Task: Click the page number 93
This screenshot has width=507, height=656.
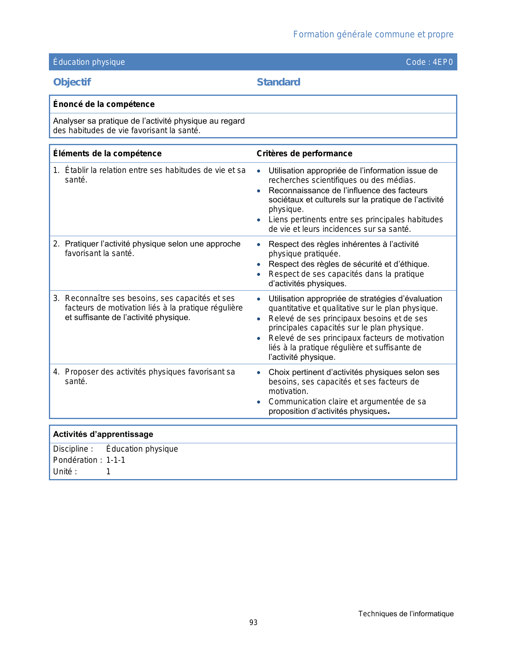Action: (253, 623)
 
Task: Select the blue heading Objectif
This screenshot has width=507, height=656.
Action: (72, 82)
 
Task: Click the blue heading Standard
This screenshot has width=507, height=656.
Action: (278, 82)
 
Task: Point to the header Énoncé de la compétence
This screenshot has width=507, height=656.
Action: (104, 104)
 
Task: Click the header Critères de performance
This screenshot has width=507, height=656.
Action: (304, 153)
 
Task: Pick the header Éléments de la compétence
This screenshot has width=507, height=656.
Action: (107, 153)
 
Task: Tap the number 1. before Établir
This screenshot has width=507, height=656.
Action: (56, 171)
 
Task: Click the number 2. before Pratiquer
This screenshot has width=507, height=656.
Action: (56, 244)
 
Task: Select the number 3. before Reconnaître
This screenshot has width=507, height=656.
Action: (56, 299)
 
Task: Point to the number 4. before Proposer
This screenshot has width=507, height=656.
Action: (56, 372)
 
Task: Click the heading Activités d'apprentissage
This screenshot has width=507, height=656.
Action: (103, 434)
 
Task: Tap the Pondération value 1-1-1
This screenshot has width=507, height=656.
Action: (116, 460)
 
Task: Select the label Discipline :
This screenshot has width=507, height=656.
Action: (73, 449)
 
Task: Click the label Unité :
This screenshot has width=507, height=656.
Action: (65, 472)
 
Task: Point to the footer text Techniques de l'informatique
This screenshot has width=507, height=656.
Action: (406, 614)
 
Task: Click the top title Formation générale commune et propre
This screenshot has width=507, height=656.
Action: (373, 35)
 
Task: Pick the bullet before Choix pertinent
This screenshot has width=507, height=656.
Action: (259, 373)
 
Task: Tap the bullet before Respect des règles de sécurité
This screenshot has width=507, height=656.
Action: (259, 264)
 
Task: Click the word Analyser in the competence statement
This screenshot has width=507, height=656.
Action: (69, 121)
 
